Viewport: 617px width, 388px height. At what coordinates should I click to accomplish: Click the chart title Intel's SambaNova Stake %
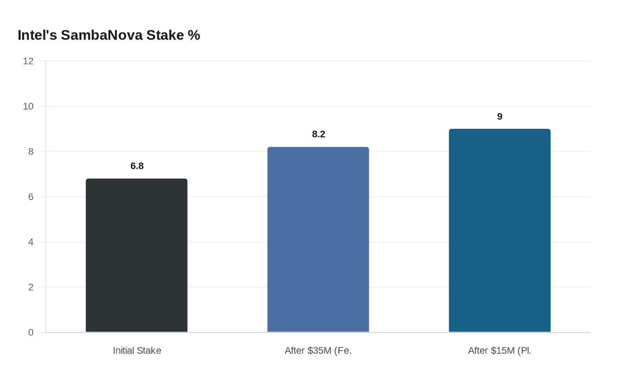tap(109, 35)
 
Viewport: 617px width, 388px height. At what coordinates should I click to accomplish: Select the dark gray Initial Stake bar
tap(137, 255)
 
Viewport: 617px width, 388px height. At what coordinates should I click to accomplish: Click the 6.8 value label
tap(137, 166)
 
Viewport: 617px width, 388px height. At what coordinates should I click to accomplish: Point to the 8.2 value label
tap(319, 134)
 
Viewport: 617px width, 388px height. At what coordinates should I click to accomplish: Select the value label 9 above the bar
tap(500, 116)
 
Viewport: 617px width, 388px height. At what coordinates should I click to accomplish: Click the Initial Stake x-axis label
tap(137, 351)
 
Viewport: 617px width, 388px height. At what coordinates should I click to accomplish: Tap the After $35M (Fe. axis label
tap(318, 351)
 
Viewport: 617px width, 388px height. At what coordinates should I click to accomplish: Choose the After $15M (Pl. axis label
tap(500, 351)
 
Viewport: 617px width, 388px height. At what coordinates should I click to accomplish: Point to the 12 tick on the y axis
tap(28, 61)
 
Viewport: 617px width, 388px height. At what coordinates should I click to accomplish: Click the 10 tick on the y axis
tap(28, 106)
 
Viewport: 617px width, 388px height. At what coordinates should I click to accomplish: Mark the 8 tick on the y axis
tap(31, 151)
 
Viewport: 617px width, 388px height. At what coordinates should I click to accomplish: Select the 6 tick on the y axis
tap(31, 197)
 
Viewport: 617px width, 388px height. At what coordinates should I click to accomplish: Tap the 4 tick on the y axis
tap(31, 242)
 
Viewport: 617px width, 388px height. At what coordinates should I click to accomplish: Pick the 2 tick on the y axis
tap(31, 287)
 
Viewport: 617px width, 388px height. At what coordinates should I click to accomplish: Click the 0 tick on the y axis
tap(31, 332)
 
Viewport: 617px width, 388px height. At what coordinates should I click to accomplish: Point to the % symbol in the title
tap(194, 35)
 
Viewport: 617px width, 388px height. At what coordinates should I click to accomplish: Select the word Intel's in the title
tap(37, 35)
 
